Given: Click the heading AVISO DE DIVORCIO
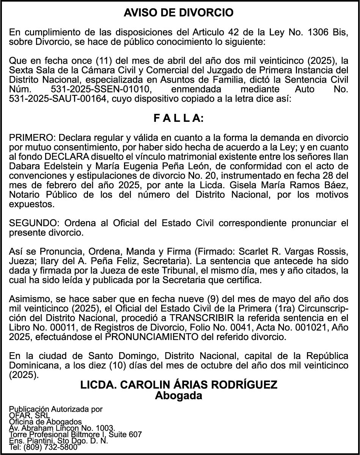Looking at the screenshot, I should (179, 13).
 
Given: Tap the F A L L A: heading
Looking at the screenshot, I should (179, 118).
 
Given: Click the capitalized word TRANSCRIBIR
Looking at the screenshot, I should (200, 317).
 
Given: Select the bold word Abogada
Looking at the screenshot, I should (179, 396).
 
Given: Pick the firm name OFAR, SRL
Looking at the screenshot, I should (29, 416).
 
